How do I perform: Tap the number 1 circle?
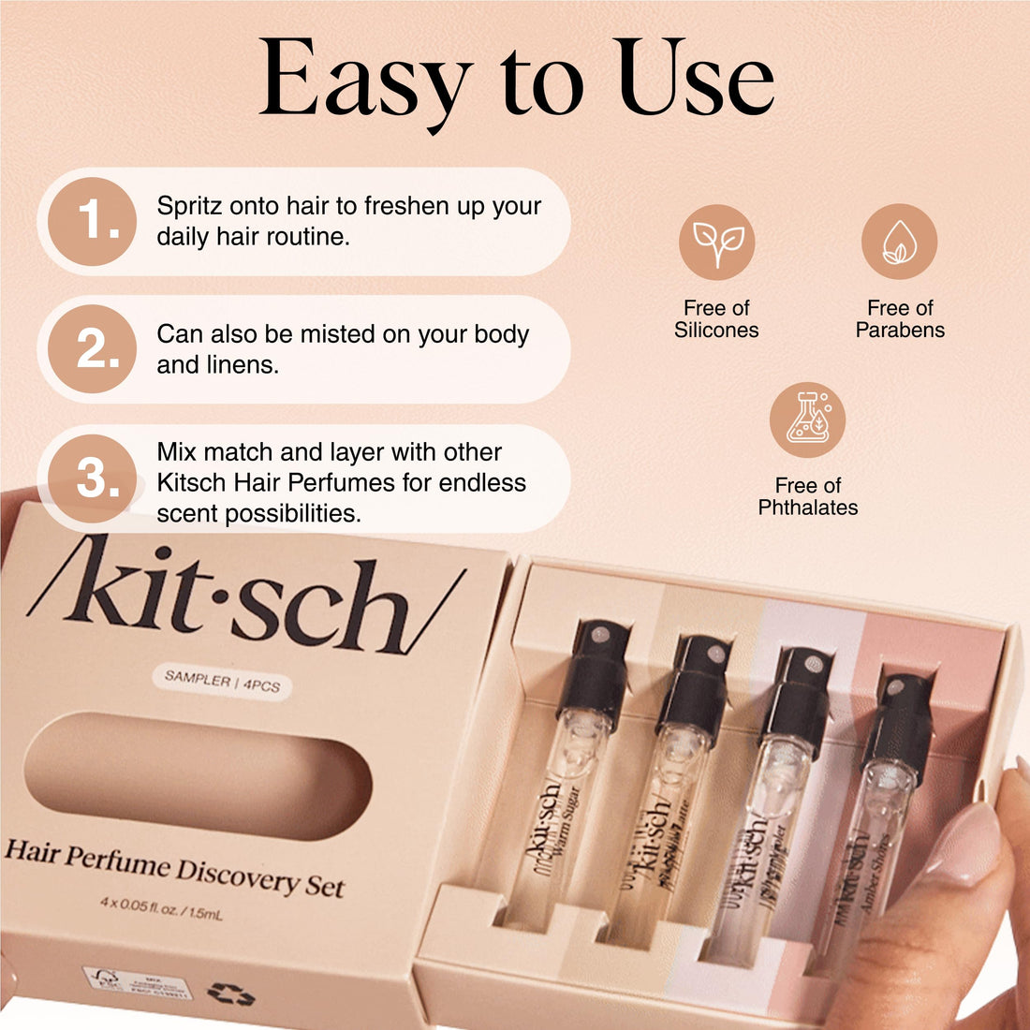click(93, 222)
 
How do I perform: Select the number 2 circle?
click(93, 349)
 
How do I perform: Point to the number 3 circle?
click(93, 478)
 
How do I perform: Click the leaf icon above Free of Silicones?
click(717, 243)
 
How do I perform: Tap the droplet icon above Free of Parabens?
click(899, 243)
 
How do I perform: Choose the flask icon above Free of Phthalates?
click(807, 419)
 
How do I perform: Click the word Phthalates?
click(807, 508)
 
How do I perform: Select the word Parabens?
click(900, 331)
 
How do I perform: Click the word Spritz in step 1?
click(190, 206)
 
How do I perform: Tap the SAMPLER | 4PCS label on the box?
click(223, 683)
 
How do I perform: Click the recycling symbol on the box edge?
click(231, 994)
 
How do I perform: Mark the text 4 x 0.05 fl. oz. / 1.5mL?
click(161, 907)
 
